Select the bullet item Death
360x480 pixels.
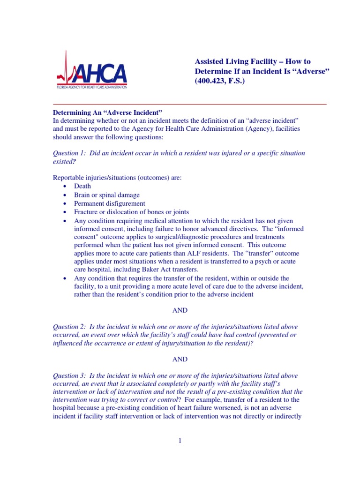[x=82, y=186]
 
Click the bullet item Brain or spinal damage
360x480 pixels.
[x=106, y=195]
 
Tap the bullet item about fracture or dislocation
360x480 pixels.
[x=125, y=212]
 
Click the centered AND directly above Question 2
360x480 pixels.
[x=180, y=310]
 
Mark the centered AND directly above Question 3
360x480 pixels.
[x=180, y=360]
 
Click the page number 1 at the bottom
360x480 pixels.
[x=180, y=441]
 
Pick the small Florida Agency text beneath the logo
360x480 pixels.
[x=91, y=87]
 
